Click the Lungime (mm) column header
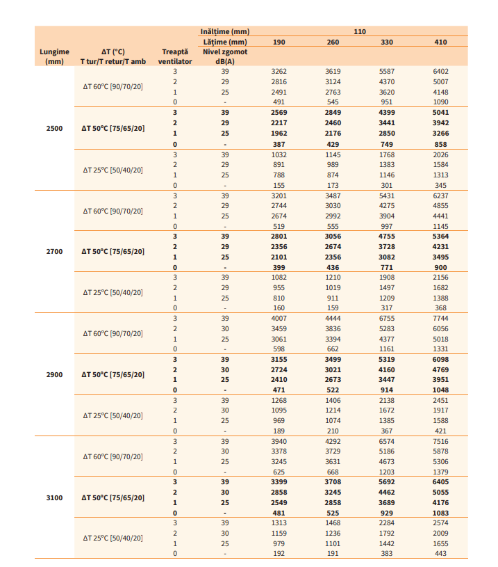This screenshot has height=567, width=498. pyautogui.click(x=54, y=56)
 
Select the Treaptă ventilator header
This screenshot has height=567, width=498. pyautogui.click(x=175, y=56)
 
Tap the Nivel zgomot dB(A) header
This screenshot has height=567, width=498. pyautogui.click(x=224, y=56)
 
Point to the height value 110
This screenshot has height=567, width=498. pyautogui.click(x=360, y=32)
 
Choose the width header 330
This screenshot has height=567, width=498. pyautogui.click(x=387, y=42)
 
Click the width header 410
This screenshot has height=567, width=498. pyautogui.click(x=440, y=42)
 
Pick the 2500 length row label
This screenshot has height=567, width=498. pyautogui.click(x=54, y=128)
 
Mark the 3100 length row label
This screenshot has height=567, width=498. pyautogui.click(x=54, y=497)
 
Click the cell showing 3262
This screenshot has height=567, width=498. pyautogui.click(x=279, y=71)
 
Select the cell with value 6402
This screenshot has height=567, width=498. pyautogui.click(x=440, y=71)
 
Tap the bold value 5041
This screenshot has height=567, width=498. pyautogui.click(x=440, y=113)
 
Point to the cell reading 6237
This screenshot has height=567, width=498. pyautogui.click(x=440, y=195)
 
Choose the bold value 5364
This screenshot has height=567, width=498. pyautogui.click(x=440, y=237)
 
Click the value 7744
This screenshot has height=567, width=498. pyautogui.click(x=440, y=318)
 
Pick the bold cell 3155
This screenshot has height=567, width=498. pyautogui.click(x=279, y=359)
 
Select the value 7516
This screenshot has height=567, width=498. pyautogui.click(x=440, y=441)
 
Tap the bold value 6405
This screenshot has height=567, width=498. pyautogui.click(x=440, y=481)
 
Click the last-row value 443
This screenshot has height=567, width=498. pyautogui.click(x=440, y=553)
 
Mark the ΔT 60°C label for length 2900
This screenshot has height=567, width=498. pyautogui.click(x=113, y=333)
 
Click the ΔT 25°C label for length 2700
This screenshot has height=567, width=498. pyautogui.click(x=113, y=292)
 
